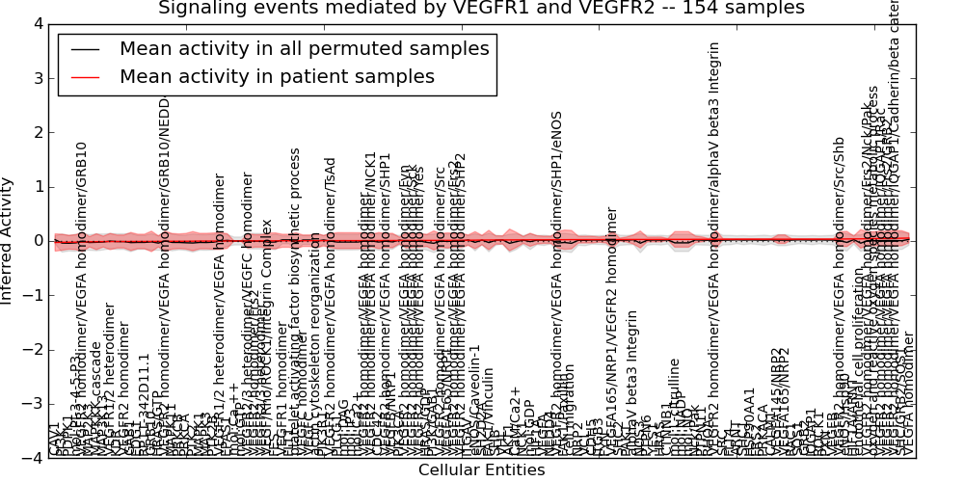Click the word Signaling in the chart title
(x=201, y=9)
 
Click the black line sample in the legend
(x=85, y=49)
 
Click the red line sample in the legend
(x=85, y=76)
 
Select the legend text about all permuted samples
(x=304, y=49)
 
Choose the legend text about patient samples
(x=277, y=76)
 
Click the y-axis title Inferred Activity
(x=9, y=241)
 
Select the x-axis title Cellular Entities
(x=481, y=470)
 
